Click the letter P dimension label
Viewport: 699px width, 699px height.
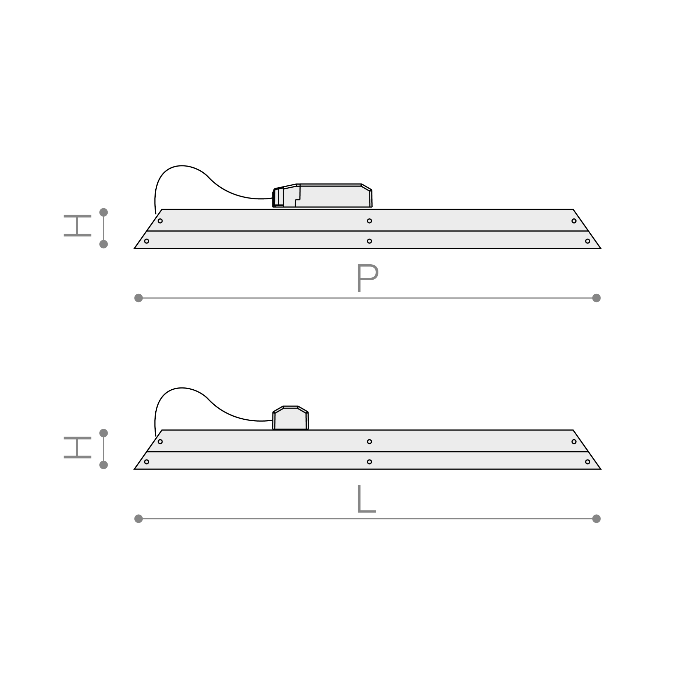[x=368, y=278]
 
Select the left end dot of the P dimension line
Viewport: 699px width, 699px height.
[x=138, y=298]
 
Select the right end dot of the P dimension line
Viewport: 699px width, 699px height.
[x=597, y=298]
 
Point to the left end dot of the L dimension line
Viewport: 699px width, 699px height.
[x=138, y=519]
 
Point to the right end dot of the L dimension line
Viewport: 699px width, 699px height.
[x=597, y=519]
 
